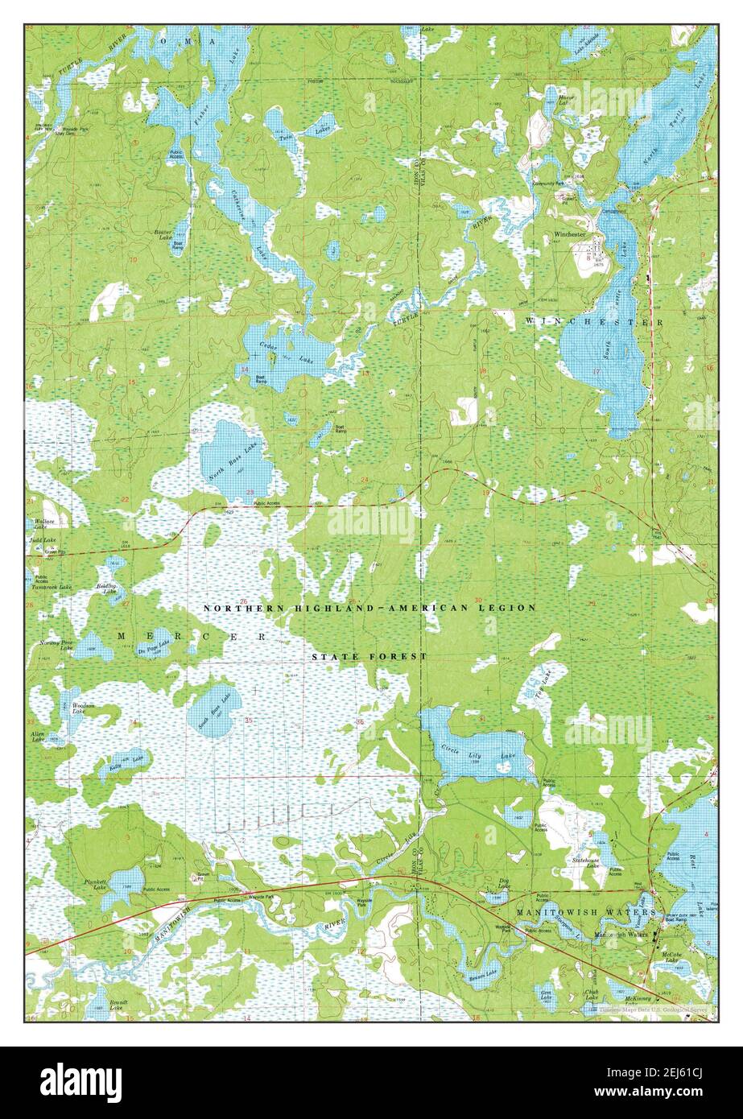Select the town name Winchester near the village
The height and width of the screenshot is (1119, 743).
pos(569,234)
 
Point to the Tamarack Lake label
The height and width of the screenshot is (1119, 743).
pos(53,588)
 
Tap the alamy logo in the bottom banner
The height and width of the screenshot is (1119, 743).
pos(81,1082)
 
